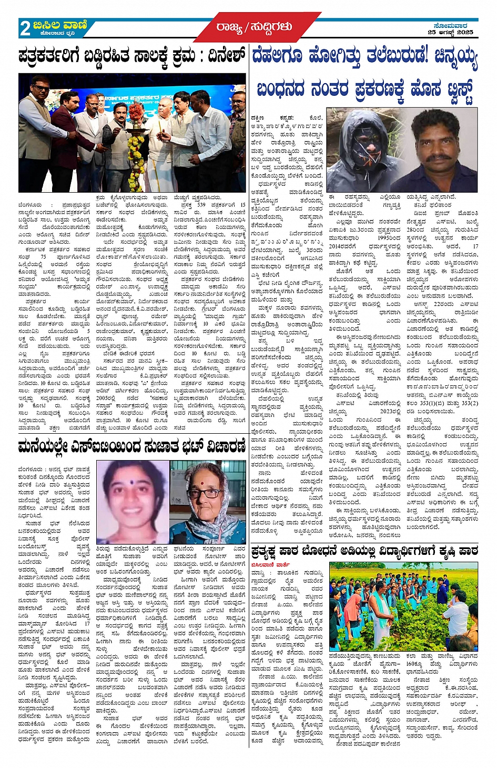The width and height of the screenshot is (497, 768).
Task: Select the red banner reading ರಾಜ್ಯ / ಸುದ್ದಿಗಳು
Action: point(254,27)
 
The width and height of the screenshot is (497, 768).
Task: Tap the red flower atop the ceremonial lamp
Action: point(136,111)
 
